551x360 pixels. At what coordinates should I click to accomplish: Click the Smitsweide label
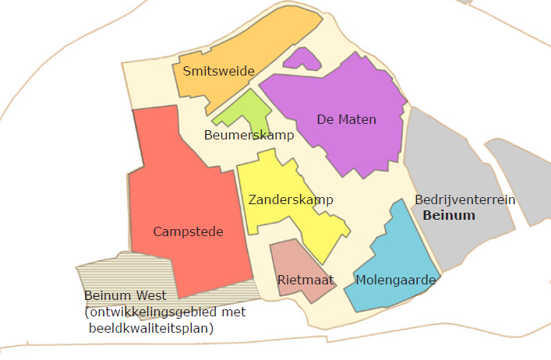218,72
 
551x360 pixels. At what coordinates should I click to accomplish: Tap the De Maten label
346,119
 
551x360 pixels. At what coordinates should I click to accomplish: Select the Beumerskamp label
249,136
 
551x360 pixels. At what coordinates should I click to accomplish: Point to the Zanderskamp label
291,200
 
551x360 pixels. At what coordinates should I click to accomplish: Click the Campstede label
188,231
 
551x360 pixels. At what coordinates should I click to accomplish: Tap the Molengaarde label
387,279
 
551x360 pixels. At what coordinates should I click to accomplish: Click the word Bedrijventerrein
464,200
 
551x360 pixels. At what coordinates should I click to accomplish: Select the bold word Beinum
448,214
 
